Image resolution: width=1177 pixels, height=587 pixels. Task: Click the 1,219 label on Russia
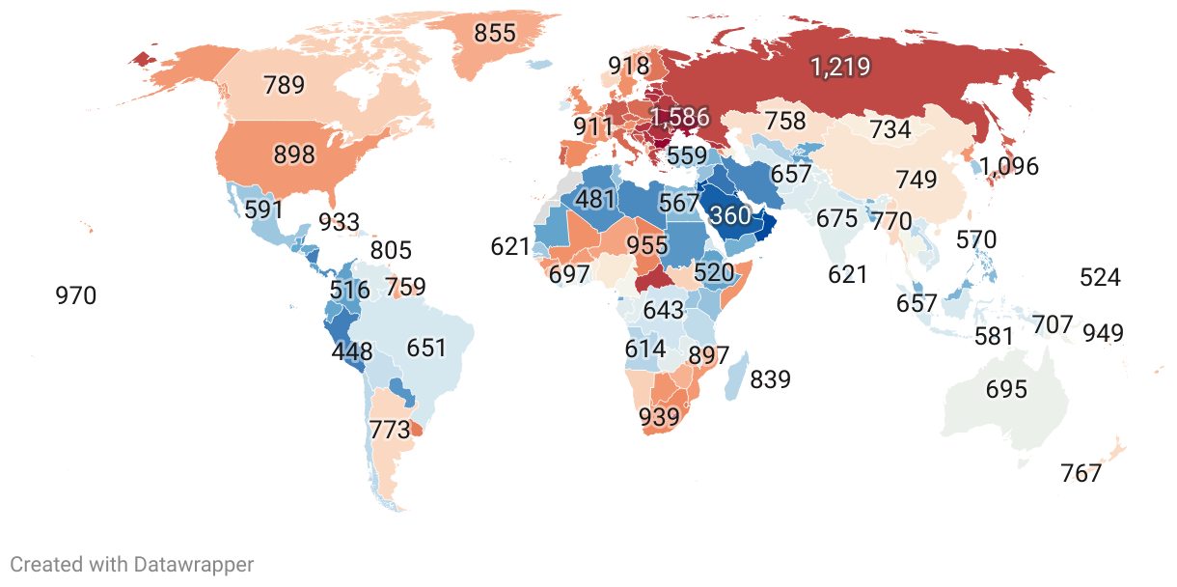tap(840, 67)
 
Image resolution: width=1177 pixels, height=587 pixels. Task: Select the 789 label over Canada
tap(284, 85)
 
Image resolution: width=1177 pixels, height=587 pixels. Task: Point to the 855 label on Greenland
tap(495, 32)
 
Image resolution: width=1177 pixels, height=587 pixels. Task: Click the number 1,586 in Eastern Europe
tap(679, 119)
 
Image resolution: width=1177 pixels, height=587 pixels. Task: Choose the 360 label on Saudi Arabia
tap(729, 216)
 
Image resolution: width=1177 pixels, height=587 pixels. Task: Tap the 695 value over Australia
tap(1006, 390)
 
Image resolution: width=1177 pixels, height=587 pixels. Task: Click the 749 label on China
tap(916, 180)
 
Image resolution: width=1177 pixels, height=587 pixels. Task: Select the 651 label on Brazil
tap(426, 348)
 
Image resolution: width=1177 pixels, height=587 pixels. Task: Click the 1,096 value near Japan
tap(1009, 166)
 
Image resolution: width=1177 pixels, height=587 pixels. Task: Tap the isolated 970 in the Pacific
tap(75, 295)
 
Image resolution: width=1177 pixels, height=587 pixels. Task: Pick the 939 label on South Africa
tap(660, 417)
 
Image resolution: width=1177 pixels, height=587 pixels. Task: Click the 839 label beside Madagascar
tap(770, 379)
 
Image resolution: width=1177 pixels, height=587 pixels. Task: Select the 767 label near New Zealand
tap(1081, 473)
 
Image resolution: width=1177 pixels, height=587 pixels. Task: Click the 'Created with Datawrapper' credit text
tap(132, 565)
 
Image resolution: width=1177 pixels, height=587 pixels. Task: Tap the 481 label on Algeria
tap(594, 199)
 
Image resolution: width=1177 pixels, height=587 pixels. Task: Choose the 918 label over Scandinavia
tap(628, 67)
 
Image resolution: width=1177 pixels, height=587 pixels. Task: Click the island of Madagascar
tap(735, 377)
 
